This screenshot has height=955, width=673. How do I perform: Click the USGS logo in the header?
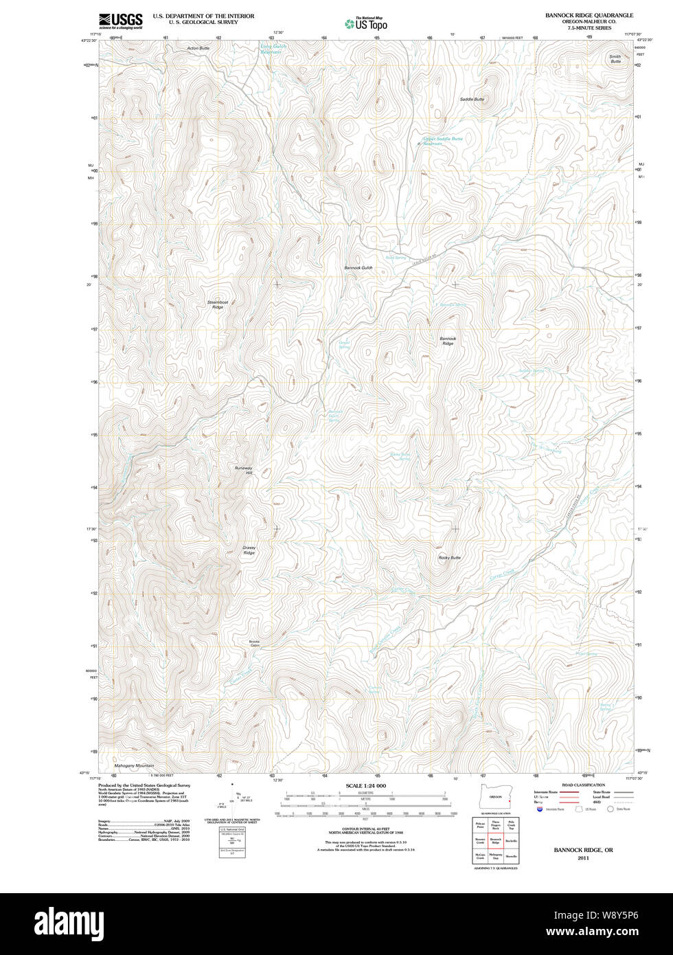[120, 21]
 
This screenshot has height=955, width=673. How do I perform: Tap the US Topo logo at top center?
[366, 23]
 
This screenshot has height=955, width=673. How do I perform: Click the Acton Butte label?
[198, 49]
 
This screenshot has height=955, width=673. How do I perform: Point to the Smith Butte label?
[615, 59]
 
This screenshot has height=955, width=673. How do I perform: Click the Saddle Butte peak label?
[472, 100]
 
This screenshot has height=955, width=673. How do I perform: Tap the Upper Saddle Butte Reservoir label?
[442, 141]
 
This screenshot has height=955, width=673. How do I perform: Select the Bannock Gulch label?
[358, 267]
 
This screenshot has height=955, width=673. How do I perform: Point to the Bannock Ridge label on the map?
[448, 341]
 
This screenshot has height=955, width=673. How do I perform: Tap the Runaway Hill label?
[244, 471]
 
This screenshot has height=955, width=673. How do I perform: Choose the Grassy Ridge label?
[249, 550]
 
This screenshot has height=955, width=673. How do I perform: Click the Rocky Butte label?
[449, 558]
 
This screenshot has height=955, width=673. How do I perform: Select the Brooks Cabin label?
[255, 644]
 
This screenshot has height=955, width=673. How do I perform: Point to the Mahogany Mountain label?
[134, 765]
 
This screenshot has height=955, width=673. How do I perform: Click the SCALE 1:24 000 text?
[365, 786]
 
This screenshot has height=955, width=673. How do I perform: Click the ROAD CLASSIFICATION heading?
[583, 785]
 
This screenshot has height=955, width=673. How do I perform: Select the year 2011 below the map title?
[583, 858]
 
